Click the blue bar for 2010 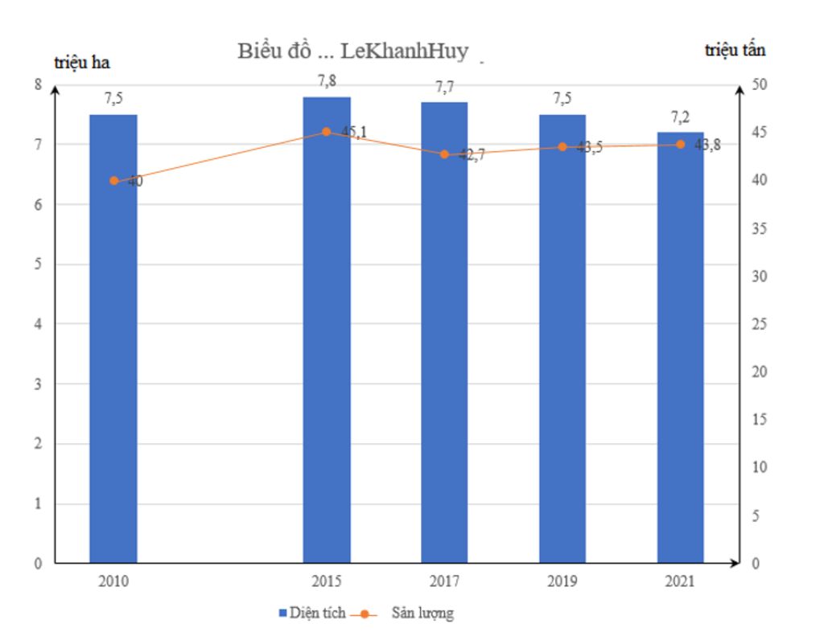[x=113, y=338]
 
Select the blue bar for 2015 [x=327, y=330]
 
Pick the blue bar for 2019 [x=562, y=338]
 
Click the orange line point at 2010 [x=113, y=181]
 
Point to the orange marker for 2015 [x=326, y=132]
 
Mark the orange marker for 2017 [x=444, y=154]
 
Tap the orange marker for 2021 [x=680, y=145]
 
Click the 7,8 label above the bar [x=327, y=80]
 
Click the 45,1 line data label [x=350, y=133]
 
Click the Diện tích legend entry [x=313, y=614]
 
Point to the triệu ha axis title [x=82, y=63]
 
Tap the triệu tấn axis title [x=735, y=50]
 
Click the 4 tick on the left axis [x=39, y=325]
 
